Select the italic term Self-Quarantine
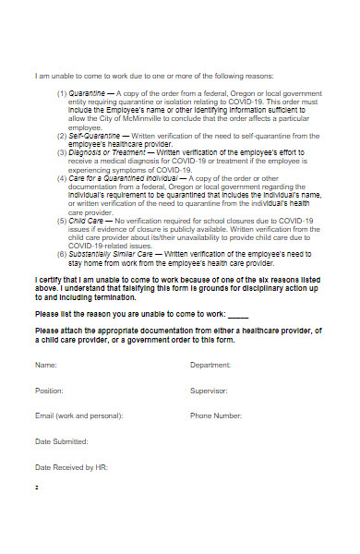pyautogui.click(x=94, y=135)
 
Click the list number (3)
pyautogui.click(x=62, y=151)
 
